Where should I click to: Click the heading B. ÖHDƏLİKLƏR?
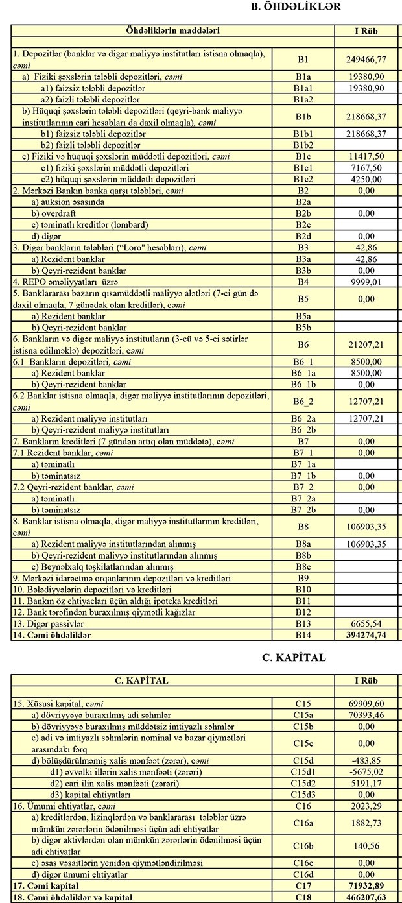pos(295,6)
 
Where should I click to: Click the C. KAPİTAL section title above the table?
pos(294,657)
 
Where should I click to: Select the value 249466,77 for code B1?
pos(367,59)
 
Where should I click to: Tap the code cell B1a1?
pos(303,88)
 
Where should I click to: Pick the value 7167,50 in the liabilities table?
pos(367,167)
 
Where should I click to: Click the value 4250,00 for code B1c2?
pos(367,178)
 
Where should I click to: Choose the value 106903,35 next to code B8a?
pos(367,543)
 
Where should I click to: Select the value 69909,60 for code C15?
pos(367,704)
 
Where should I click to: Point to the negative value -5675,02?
pos(367,772)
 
